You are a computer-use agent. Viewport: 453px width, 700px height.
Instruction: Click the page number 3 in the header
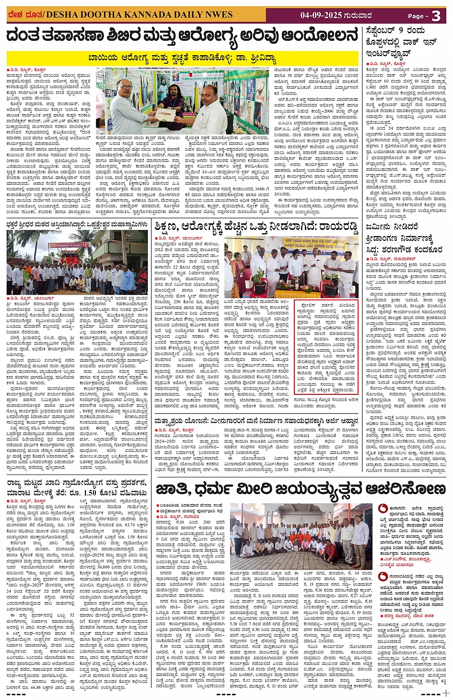click(x=436, y=16)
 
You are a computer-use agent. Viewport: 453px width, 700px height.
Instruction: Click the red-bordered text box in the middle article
click(x=326, y=341)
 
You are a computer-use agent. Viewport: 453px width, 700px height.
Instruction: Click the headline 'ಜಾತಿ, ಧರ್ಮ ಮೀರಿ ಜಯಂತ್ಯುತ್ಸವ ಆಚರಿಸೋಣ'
click(x=301, y=489)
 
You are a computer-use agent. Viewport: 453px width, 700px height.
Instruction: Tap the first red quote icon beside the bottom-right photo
click(x=383, y=508)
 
